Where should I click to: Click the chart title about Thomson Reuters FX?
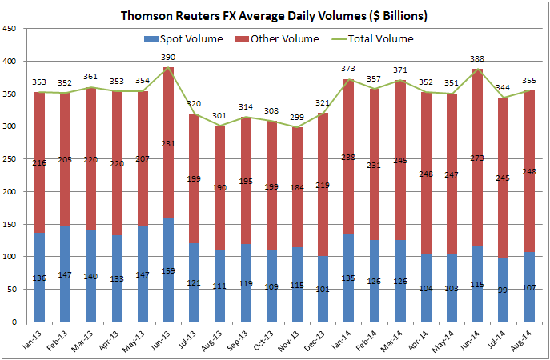[x=275, y=15]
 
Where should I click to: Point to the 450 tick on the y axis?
[x=12, y=29]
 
